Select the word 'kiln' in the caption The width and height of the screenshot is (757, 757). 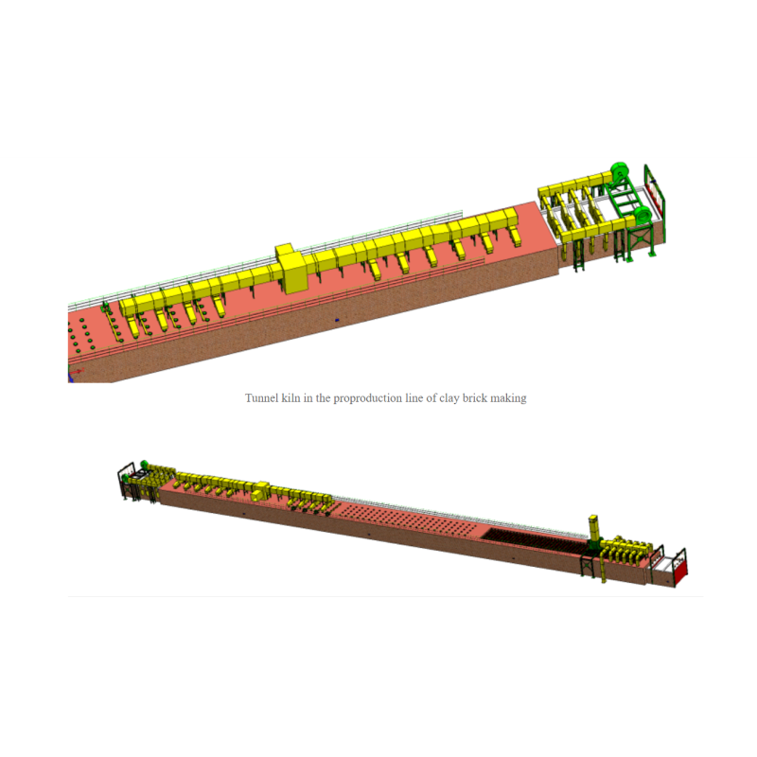click(x=290, y=398)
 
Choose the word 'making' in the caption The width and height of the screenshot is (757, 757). click(x=508, y=398)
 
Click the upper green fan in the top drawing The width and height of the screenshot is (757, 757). click(x=620, y=172)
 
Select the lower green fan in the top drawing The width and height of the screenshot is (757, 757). click(x=643, y=216)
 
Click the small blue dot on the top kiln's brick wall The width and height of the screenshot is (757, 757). click(x=337, y=320)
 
